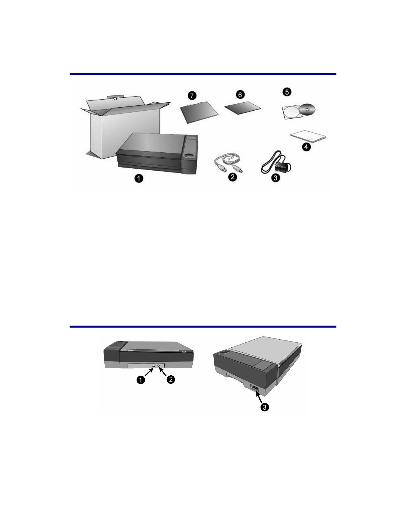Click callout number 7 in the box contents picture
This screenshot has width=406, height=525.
tap(192, 95)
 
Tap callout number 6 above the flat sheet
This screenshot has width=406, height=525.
tap(240, 94)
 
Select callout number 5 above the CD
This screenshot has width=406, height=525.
tap(287, 92)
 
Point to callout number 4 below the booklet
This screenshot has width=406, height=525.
tap(306, 147)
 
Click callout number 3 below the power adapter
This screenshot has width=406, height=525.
tap(275, 178)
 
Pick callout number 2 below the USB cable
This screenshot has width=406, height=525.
tap(232, 177)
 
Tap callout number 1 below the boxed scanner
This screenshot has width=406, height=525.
tap(139, 179)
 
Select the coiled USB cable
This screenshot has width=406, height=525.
tap(228, 163)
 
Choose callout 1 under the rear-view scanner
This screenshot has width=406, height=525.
tap(141, 380)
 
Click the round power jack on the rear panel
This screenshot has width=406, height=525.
tap(159, 366)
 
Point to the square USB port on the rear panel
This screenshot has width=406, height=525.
tap(153, 366)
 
